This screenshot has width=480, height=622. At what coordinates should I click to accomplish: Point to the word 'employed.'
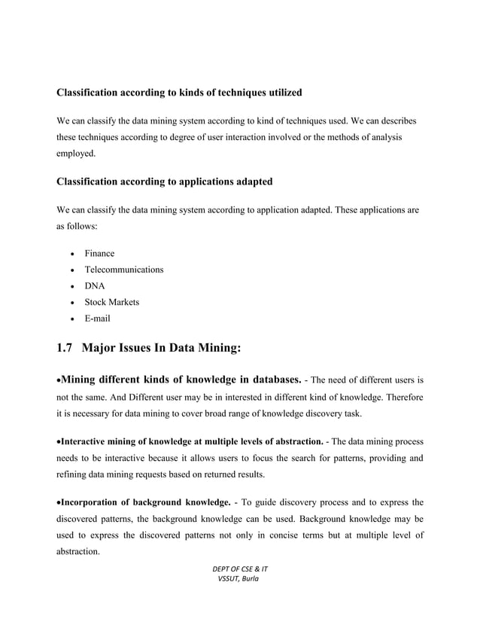tap(77, 154)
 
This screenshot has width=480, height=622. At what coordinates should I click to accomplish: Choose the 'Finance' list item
tap(99, 253)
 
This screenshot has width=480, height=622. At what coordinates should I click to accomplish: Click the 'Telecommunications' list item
tap(123, 270)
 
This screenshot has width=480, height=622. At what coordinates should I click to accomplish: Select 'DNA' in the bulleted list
tap(95, 286)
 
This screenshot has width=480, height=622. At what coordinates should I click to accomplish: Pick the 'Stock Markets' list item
tap(111, 302)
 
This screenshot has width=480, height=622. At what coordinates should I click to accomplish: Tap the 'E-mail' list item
tap(98, 319)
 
